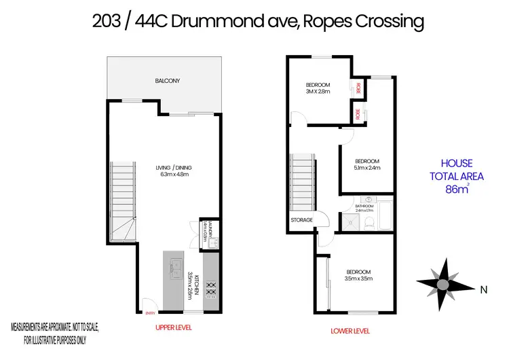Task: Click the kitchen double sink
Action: pyautogui.click(x=173, y=266)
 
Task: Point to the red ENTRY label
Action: pyautogui.click(x=150, y=312)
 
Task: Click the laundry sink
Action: pyautogui.click(x=203, y=229)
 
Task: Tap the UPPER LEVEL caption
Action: pyautogui.click(x=174, y=328)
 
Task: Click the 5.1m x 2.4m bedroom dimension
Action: pyautogui.click(x=366, y=167)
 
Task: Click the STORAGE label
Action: pyautogui.click(x=302, y=220)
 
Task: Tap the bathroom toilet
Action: pyautogui.click(x=367, y=221)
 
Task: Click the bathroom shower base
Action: pyautogui.click(x=352, y=220)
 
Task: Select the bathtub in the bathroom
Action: pyautogui.click(x=385, y=214)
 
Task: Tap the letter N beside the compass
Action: pyautogui.click(x=484, y=290)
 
